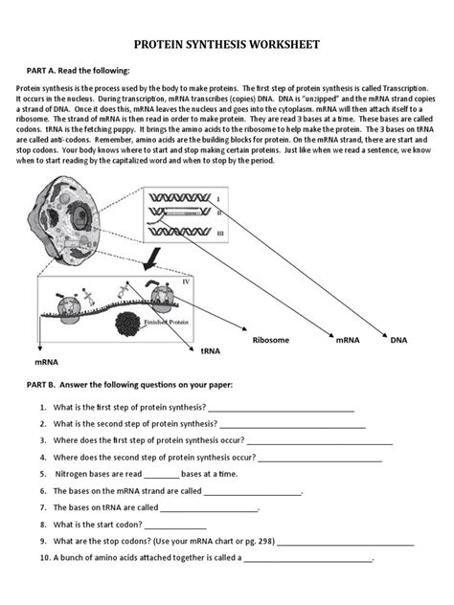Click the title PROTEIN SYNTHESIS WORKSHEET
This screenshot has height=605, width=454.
(227, 45)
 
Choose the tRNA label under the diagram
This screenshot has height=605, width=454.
(211, 351)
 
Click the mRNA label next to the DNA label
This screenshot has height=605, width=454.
(346, 339)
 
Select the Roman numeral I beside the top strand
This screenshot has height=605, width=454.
(218, 199)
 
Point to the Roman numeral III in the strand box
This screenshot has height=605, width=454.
(220, 233)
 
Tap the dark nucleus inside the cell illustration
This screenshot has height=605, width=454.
(66, 217)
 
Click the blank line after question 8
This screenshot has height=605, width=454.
(174, 525)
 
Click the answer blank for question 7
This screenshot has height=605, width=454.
(209, 508)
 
